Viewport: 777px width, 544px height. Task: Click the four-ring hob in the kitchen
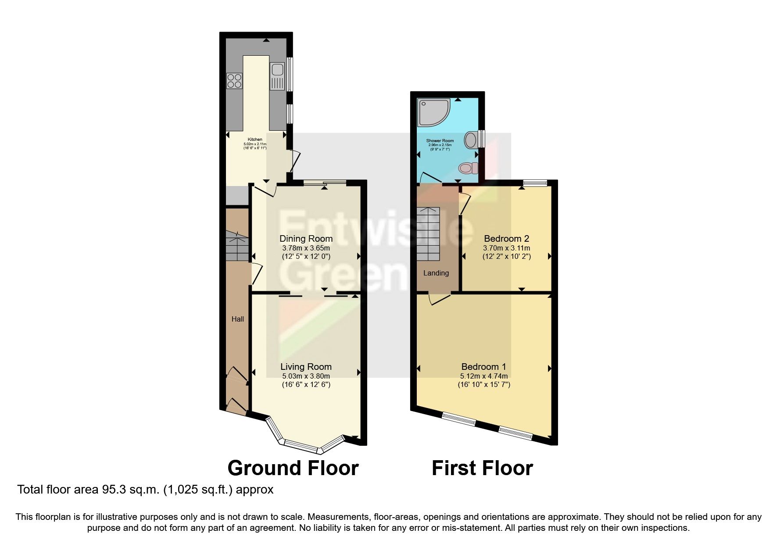click(234, 81)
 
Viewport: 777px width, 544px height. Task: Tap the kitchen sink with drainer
click(277, 75)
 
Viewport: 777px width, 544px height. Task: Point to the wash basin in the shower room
click(472, 140)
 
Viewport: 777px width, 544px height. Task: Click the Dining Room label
click(306, 239)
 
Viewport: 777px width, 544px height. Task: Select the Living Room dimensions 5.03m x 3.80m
click(306, 376)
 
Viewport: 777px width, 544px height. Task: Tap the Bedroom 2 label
click(506, 239)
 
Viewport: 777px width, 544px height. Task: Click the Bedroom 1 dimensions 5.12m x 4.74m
click(484, 376)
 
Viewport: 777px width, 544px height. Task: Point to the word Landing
click(436, 273)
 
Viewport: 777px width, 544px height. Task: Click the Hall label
click(238, 319)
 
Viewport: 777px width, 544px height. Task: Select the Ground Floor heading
click(293, 468)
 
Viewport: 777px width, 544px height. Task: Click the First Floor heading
click(482, 468)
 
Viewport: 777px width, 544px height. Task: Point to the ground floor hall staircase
click(237, 248)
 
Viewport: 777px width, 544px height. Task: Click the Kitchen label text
click(255, 140)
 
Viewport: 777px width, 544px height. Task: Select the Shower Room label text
click(440, 141)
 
